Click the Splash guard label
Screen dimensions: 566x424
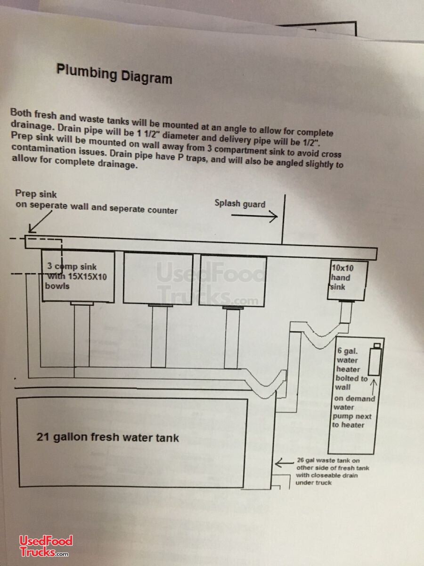(240, 203)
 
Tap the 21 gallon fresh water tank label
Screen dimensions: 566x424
(107, 437)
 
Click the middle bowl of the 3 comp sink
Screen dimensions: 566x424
(158, 278)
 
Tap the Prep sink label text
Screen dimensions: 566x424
(36, 193)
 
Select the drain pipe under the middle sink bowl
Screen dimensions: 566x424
(159, 336)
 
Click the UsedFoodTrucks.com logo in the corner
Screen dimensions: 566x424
(46, 546)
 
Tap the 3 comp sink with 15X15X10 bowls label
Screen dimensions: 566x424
(75, 276)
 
